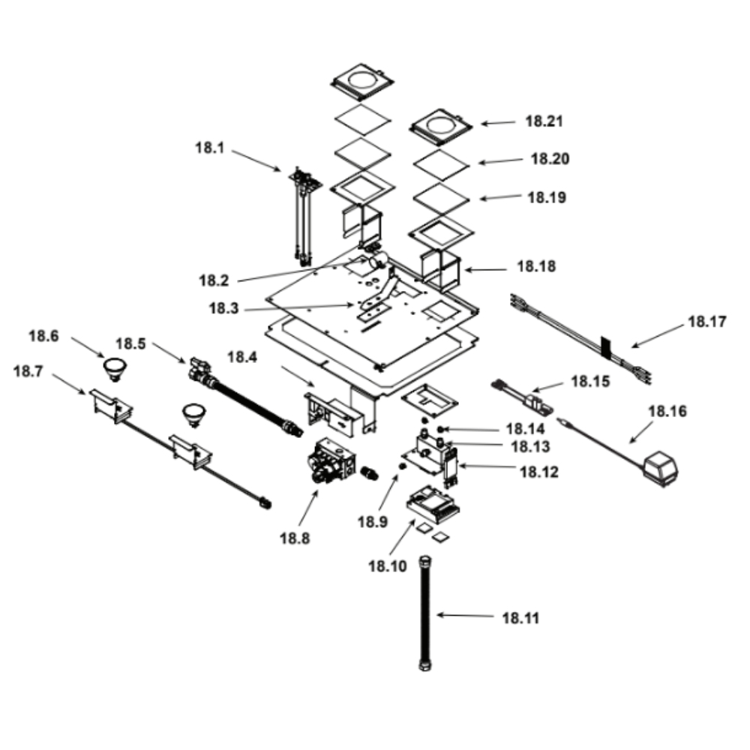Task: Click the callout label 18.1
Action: [x=210, y=148]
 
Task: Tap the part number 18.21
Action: [x=544, y=121]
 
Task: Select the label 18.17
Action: [x=707, y=324]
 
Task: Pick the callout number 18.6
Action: [x=43, y=336]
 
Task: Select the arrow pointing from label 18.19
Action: [x=498, y=198]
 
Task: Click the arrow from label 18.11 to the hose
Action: [x=464, y=616]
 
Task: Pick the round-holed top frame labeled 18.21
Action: [x=441, y=125]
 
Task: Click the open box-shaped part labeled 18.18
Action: [x=440, y=271]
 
